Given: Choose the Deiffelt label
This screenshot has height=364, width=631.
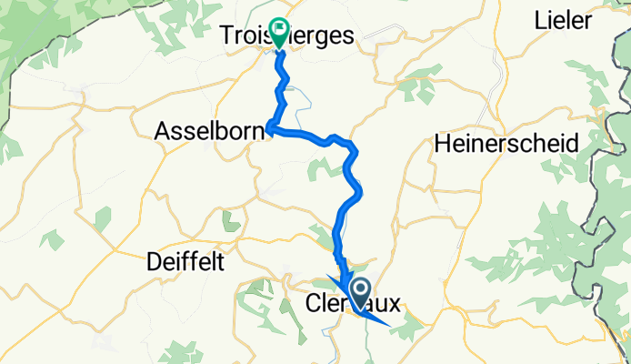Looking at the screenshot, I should click(x=185, y=263).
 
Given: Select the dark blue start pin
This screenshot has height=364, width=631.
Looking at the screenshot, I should click(x=360, y=293).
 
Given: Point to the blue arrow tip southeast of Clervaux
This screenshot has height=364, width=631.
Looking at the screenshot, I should click(x=391, y=324).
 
